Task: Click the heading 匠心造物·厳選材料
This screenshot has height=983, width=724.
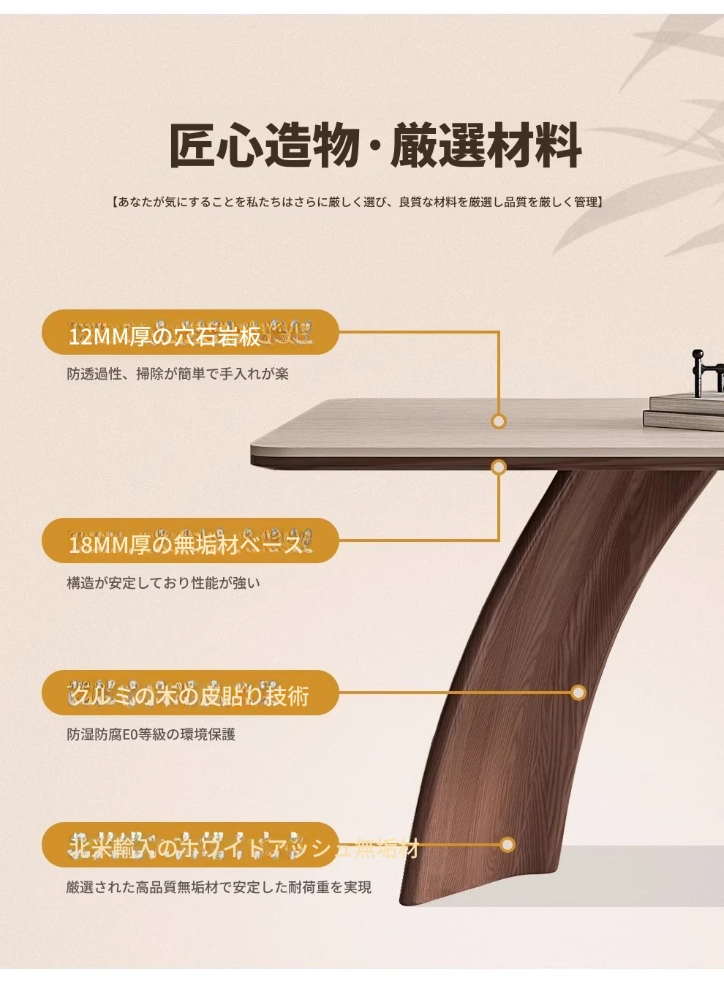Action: [376, 146]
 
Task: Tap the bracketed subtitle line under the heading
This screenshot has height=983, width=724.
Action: [358, 202]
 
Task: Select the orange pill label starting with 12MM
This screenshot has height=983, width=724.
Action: [190, 333]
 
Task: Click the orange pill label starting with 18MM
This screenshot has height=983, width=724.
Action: [190, 541]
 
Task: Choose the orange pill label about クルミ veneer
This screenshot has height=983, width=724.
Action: [190, 693]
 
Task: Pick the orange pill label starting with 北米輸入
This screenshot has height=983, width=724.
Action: [190, 845]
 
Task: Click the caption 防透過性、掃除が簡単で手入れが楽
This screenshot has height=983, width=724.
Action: [178, 374]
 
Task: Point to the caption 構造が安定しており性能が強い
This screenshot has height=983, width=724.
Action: [163, 583]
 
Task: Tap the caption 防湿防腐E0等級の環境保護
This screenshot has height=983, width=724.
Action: [151, 734]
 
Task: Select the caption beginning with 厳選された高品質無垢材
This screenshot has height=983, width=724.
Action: [219, 887]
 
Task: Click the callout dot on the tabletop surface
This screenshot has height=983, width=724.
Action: [499, 421]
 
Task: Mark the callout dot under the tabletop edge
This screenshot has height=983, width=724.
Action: [499, 467]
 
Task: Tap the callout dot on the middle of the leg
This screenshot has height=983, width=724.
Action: [578, 693]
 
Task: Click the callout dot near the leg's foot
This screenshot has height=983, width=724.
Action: [508, 845]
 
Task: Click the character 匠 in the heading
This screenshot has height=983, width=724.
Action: [192, 146]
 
